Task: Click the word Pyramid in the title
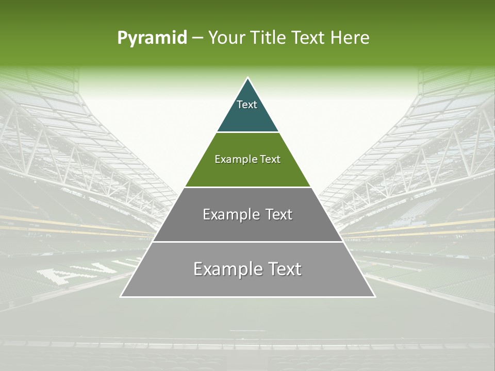[x=152, y=38]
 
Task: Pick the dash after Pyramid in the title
[x=197, y=38]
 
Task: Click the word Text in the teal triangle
[x=247, y=105]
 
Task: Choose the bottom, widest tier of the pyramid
[x=247, y=283]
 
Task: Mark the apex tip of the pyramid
[x=247, y=78]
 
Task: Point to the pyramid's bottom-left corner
[x=121, y=296]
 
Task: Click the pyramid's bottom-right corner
[x=374, y=296]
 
